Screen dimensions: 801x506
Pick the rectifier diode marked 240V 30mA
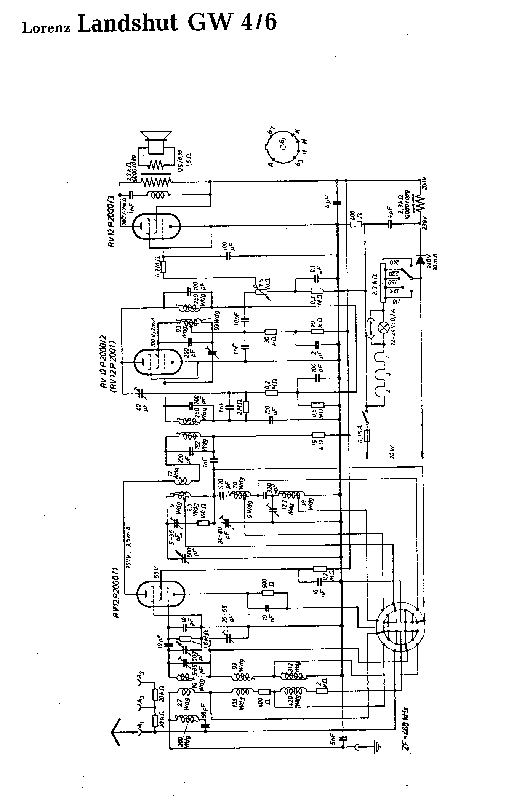pos(420,260)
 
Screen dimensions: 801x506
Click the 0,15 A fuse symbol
pos(367,436)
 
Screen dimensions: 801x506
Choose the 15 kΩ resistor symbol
pos(318,436)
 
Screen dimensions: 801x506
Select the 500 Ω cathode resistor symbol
pos(268,593)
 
